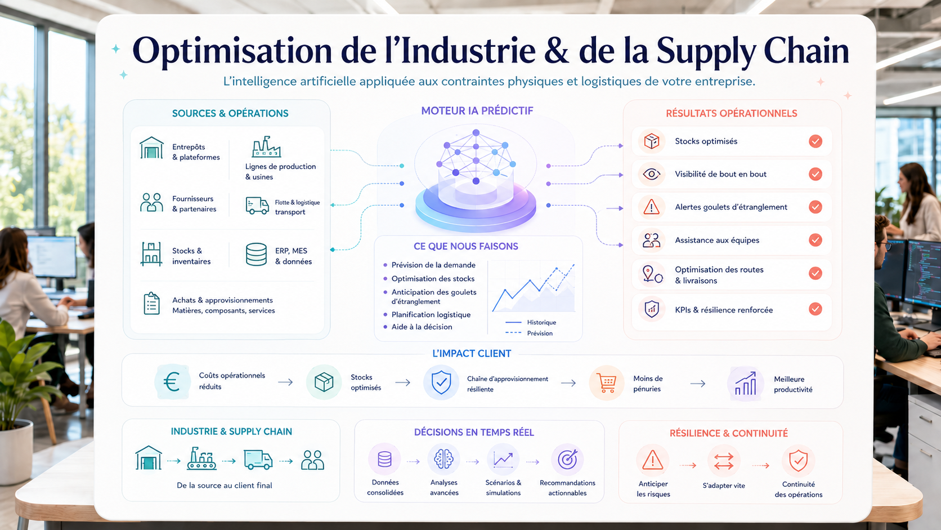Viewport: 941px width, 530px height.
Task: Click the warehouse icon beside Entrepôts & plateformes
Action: (x=151, y=148)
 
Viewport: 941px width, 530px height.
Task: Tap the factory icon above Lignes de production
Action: (x=266, y=146)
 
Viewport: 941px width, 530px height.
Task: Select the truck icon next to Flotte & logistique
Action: (x=257, y=206)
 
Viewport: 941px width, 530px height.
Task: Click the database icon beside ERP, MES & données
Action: (x=256, y=254)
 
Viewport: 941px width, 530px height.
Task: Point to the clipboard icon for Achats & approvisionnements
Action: (x=151, y=304)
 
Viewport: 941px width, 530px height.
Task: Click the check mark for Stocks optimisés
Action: (x=815, y=141)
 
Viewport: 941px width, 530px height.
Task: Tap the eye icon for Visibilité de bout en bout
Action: (x=652, y=174)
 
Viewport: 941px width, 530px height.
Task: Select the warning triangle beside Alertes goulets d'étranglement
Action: (x=652, y=207)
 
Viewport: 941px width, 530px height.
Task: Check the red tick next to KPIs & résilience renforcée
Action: (x=815, y=309)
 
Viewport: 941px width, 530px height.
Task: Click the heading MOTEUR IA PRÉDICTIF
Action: (x=477, y=111)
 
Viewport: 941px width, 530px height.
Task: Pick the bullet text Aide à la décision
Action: (x=422, y=327)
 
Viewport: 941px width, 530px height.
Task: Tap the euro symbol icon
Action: (x=172, y=382)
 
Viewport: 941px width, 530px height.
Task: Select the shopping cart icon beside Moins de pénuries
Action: (x=606, y=383)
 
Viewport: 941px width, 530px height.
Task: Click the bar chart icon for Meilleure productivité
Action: (x=745, y=384)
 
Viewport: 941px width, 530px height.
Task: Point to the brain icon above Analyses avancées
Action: (x=443, y=459)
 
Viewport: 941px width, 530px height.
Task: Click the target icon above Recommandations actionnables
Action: (x=567, y=460)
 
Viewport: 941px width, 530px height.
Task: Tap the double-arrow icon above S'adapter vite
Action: (x=723, y=461)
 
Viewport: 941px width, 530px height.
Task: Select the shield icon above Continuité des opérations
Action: (x=798, y=461)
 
